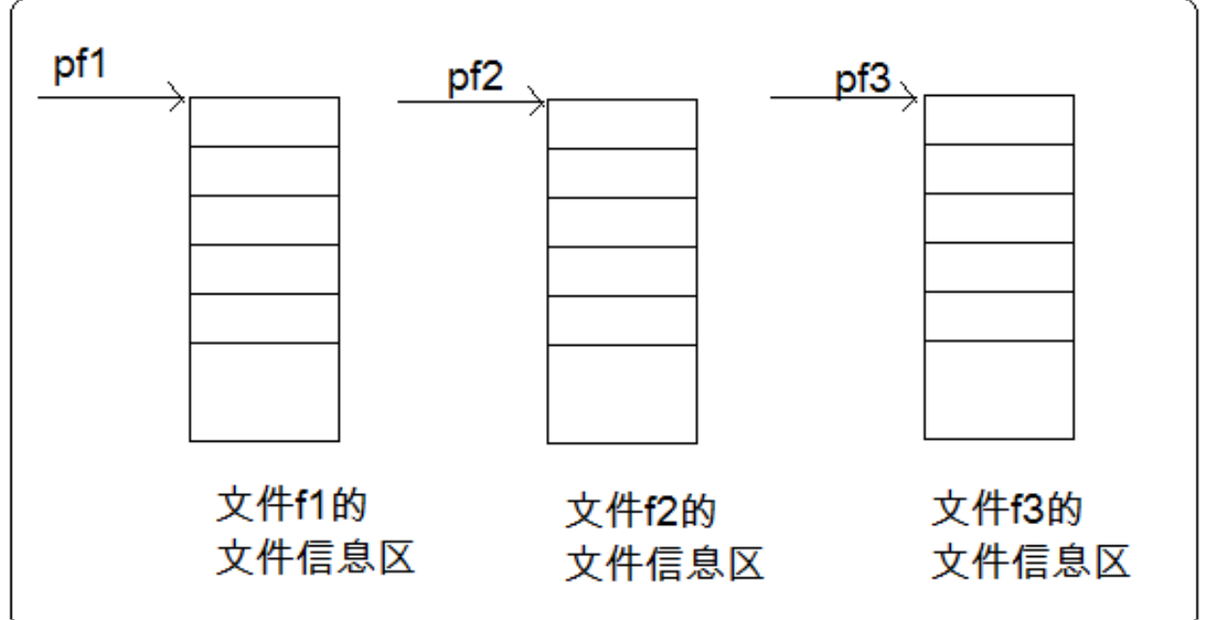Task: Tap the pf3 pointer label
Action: (x=862, y=79)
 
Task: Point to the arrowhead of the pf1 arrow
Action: (x=177, y=98)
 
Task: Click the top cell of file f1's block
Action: (x=264, y=121)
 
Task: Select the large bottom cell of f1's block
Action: (x=264, y=391)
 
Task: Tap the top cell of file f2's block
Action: (x=622, y=124)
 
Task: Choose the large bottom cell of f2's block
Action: (x=622, y=393)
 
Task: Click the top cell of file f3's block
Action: (x=998, y=119)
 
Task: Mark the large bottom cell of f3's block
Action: (x=998, y=389)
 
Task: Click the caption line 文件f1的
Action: (x=294, y=508)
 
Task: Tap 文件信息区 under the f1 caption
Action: (x=314, y=556)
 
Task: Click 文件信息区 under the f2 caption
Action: (x=664, y=561)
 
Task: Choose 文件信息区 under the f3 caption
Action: (x=1030, y=561)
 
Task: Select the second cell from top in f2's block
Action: (x=622, y=173)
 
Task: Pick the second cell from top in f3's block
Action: (x=998, y=169)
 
